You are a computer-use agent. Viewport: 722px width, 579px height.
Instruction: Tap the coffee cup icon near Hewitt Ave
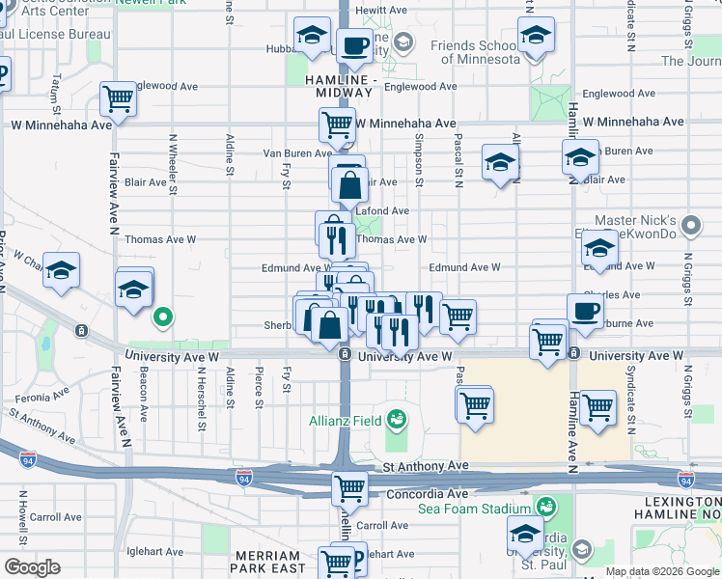pyautogui.click(x=354, y=43)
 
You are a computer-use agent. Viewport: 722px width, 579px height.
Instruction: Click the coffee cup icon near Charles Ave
pyautogui.click(x=586, y=311)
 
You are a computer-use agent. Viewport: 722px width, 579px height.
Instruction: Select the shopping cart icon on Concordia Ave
pyautogui.click(x=349, y=487)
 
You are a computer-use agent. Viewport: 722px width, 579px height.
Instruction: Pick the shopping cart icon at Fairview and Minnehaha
pyautogui.click(x=118, y=97)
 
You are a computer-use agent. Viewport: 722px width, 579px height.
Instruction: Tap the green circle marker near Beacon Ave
pyautogui.click(x=163, y=316)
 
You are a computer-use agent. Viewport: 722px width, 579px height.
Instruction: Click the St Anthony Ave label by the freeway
pyautogui.click(x=425, y=466)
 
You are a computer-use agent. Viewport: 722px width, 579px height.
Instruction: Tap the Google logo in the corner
pyautogui.click(x=33, y=566)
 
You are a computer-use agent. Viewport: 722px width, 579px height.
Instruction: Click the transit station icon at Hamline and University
pyautogui.click(x=572, y=353)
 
